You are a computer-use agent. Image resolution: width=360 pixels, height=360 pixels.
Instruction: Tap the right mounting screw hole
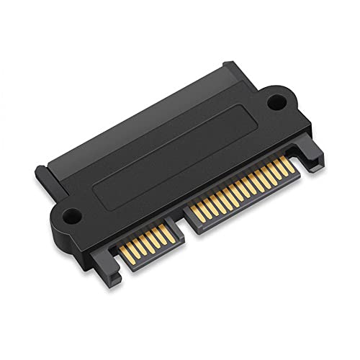point(276,102)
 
